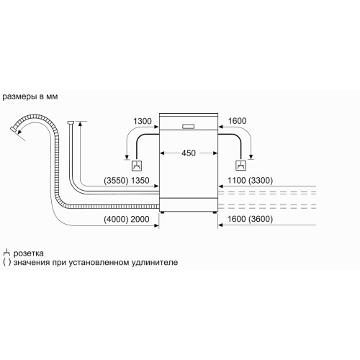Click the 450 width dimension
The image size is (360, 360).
click(189, 153)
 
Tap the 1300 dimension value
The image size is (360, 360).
click(143, 121)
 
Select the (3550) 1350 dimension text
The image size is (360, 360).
click(127, 180)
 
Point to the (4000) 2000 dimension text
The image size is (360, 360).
click(127, 219)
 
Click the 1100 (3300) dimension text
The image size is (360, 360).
click(250, 180)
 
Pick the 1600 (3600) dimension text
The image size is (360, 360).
click(250, 219)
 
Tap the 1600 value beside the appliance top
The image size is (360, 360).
click(237, 121)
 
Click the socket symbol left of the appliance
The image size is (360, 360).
click(137, 166)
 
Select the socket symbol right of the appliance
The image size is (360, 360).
click(240, 166)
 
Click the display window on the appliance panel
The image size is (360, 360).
click(189, 126)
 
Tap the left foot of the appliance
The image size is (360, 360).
click(163, 212)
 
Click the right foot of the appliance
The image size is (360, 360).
click(215, 212)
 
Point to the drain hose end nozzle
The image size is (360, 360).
click(14, 129)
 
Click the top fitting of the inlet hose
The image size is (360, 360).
click(71, 122)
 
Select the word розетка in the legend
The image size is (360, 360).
click(29, 253)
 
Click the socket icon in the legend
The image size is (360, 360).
click(6, 252)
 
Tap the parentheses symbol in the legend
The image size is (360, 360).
click(7, 262)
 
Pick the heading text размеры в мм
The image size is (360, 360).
click(30, 96)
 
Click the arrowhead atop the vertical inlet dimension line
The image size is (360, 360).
click(80, 124)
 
